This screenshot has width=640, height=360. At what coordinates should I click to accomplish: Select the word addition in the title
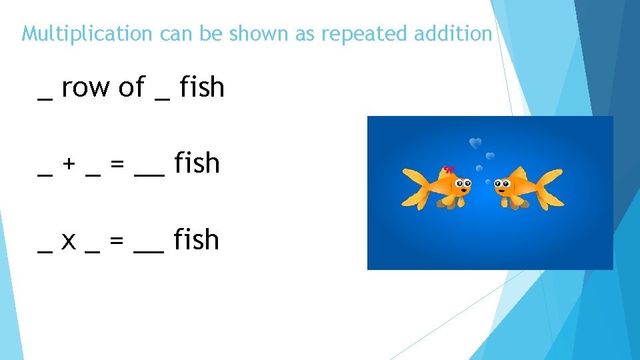453,33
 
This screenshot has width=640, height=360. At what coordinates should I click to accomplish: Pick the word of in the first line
132,87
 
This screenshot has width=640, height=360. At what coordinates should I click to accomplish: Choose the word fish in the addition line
197,163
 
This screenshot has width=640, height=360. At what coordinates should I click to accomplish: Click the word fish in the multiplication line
197,240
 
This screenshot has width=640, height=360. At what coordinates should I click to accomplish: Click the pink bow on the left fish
449,169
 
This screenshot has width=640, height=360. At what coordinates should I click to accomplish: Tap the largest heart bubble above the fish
475,143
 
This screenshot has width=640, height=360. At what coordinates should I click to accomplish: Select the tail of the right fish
551,189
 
